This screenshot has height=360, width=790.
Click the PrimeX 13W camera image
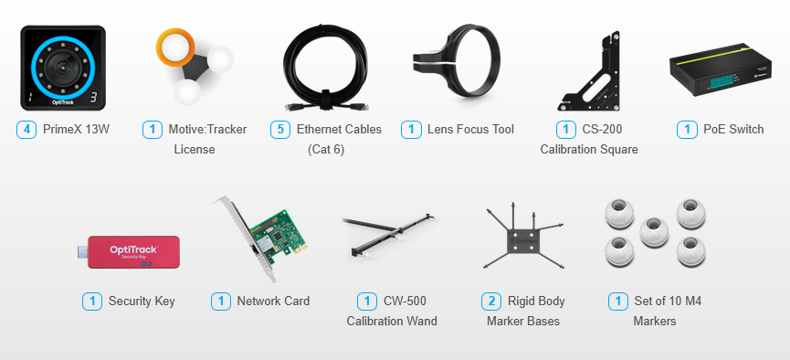pyautogui.click(x=63, y=68)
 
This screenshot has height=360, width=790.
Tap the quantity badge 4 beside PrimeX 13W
pyautogui.click(x=26, y=130)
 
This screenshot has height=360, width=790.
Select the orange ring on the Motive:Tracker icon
pyautogui.click(x=175, y=47)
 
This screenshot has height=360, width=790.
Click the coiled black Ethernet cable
pyautogui.click(x=326, y=68)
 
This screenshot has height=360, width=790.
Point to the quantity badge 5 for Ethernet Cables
pyautogui.click(x=280, y=130)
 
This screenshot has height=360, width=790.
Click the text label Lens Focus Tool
pyautogui.click(x=470, y=130)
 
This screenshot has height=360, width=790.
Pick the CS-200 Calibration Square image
pyautogui.click(x=588, y=73)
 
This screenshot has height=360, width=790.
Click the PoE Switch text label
pyautogui.click(x=733, y=130)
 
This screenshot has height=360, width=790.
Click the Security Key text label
pyautogui.click(x=142, y=302)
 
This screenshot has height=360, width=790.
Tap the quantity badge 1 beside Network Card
pyautogui.click(x=221, y=302)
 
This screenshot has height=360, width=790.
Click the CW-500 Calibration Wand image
pyautogui.click(x=389, y=234)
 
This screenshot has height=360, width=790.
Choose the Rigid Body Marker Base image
pyautogui.click(x=522, y=237)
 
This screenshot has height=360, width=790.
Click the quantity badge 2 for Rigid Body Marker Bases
pyautogui.click(x=491, y=302)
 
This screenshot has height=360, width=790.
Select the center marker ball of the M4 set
pyautogui.click(x=654, y=231)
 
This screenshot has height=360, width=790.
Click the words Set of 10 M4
pyautogui.click(x=668, y=302)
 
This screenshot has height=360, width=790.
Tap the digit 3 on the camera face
pyautogui.click(x=93, y=98)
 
